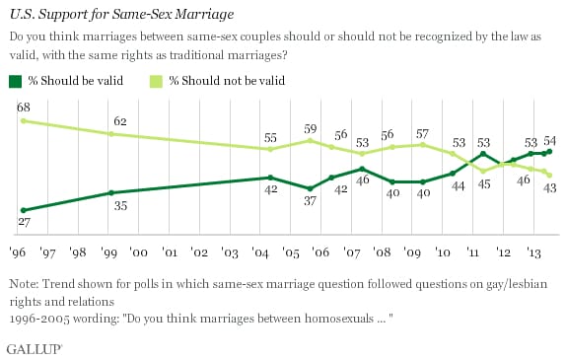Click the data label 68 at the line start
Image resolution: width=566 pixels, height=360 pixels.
point(22,105)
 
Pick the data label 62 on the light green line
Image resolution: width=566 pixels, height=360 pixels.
point(119,121)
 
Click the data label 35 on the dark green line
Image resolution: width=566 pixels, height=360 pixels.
point(119,207)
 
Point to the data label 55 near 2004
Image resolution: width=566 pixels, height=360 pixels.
point(269,137)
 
